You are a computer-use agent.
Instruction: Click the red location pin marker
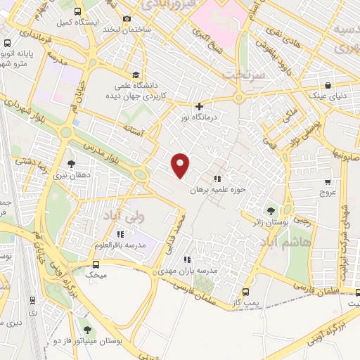pos(181,165)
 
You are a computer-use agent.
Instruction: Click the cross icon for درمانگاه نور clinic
pos(200,106)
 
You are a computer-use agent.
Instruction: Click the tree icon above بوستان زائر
pos(270,210)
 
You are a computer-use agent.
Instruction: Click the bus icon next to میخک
pos(96,264)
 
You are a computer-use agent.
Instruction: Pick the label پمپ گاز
pos(245,303)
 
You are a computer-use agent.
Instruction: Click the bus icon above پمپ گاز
pos(245,292)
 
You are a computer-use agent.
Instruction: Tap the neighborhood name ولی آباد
pos(124,214)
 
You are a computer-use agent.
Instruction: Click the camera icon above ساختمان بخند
pos(127,19)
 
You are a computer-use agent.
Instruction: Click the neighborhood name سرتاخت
pos(243,73)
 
